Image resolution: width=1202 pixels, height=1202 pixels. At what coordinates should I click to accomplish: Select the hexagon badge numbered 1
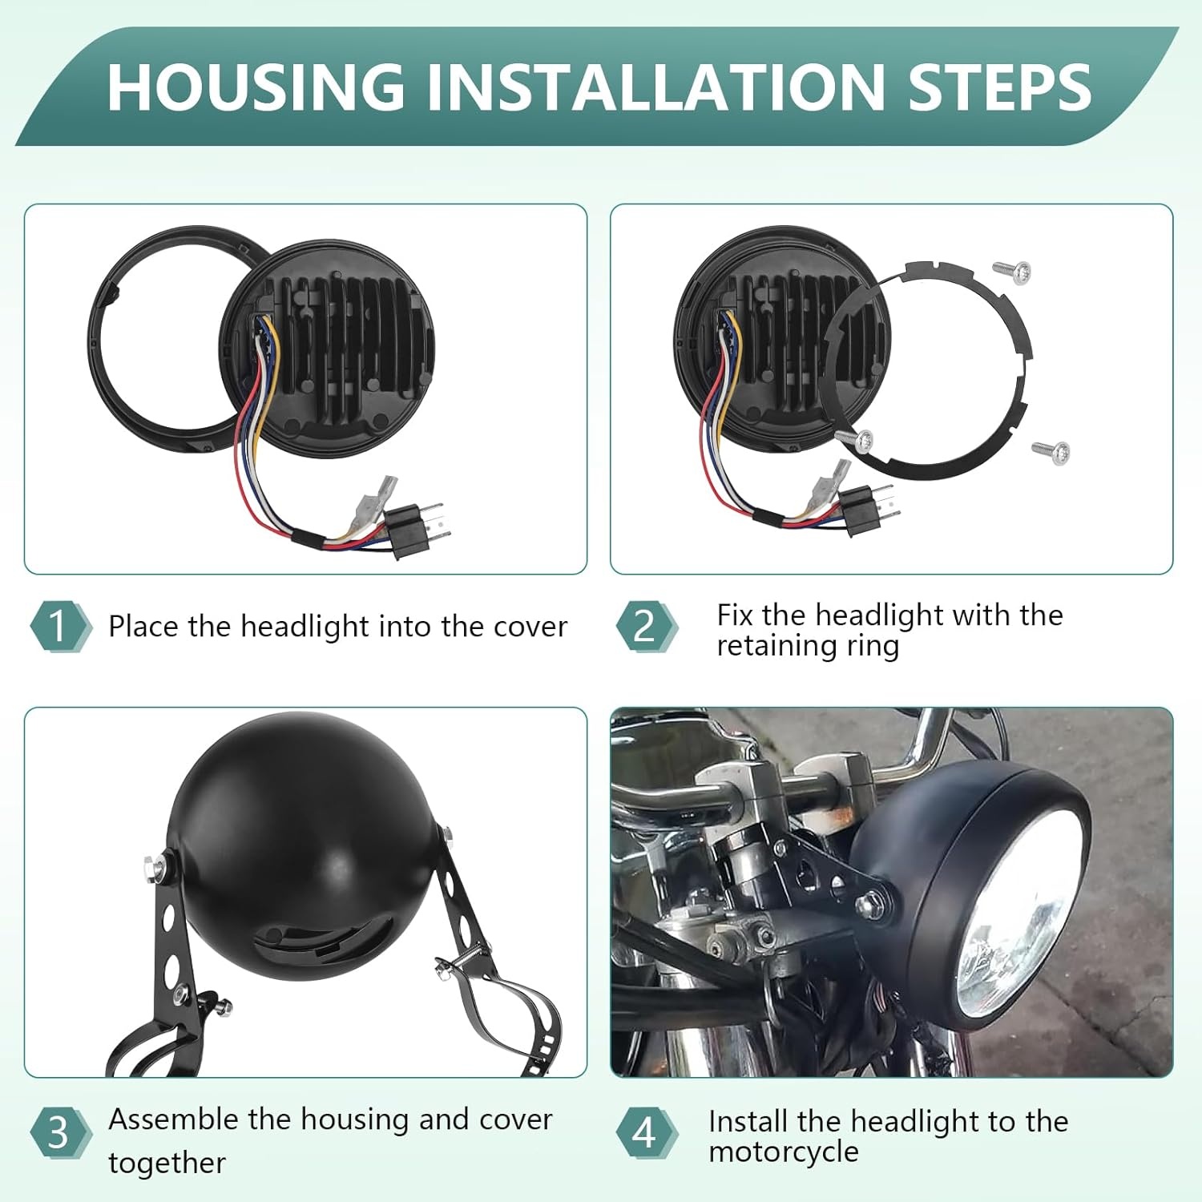point(59,626)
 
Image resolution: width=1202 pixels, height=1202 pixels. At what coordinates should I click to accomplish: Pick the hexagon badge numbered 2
point(646,626)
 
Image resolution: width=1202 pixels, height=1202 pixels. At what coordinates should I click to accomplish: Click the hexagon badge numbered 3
point(59,1133)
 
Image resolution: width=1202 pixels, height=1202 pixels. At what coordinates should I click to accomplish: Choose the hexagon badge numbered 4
point(646,1133)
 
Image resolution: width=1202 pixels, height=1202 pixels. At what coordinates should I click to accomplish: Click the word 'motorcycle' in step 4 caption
point(783,1152)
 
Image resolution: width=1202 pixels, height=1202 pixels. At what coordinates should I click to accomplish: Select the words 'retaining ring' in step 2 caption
point(807,645)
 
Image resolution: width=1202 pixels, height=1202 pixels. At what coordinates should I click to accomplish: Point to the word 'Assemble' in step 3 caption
point(173,1119)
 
